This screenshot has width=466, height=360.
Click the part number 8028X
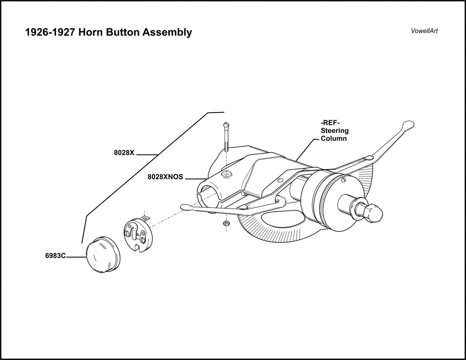(x=124, y=153)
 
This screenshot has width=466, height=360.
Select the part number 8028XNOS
(x=165, y=177)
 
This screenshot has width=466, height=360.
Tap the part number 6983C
(x=55, y=256)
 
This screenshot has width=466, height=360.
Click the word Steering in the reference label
(x=335, y=131)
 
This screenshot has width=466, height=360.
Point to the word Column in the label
(x=334, y=139)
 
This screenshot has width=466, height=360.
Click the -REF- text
(x=330, y=123)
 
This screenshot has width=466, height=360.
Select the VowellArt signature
(x=424, y=31)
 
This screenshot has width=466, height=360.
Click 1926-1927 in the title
(x=50, y=32)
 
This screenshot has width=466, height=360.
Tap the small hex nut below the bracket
(x=226, y=224)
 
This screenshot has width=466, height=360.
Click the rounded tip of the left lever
(x=185, y=208)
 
